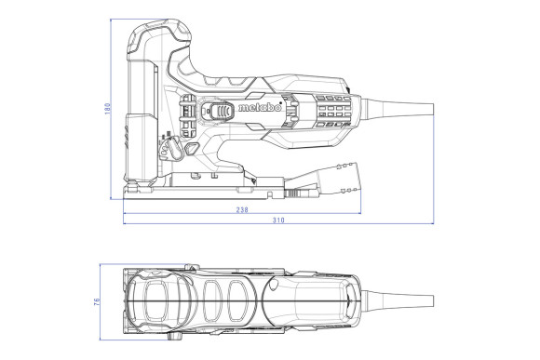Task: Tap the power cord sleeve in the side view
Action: (391, 110)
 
